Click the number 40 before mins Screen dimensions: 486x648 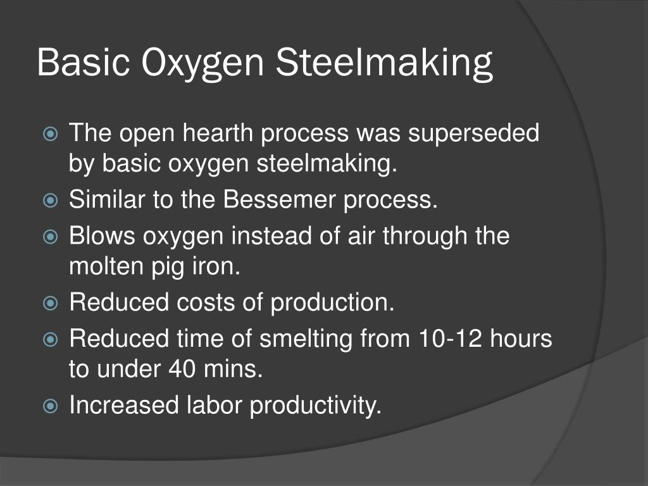183,370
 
